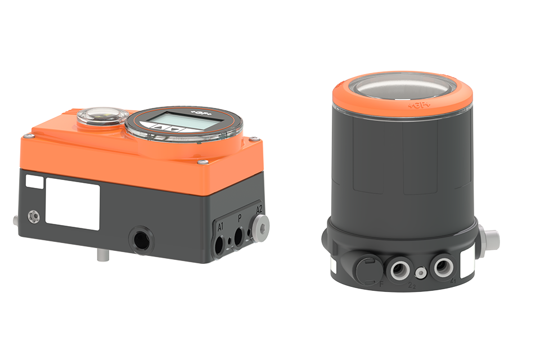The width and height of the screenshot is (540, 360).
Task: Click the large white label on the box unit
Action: tap(73, 203)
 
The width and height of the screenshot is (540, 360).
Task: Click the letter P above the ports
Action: tap(240, 218)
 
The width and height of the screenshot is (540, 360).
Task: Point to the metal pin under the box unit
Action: tap(101, 255)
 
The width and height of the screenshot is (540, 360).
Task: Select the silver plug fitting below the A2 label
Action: tap(261, 226)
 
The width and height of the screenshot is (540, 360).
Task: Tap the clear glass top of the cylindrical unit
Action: tap(402, 84)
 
